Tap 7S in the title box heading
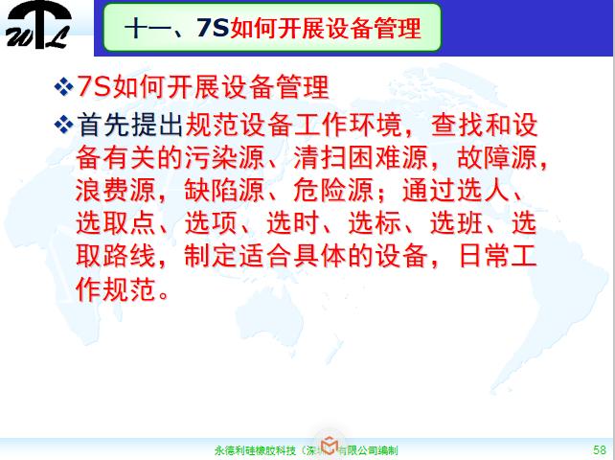point(213,30)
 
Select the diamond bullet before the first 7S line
point(64,88)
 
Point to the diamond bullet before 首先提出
point(64,123)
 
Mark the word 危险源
point(314,188)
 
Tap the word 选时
point(314,221)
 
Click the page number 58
point(600,448)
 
